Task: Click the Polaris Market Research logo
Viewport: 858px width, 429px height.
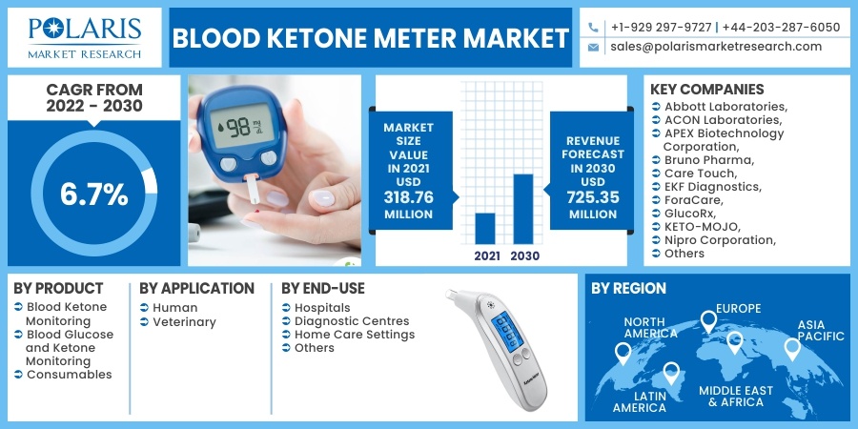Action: (x=85, y=38)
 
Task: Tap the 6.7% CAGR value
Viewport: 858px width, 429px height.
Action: (x=94, y=194)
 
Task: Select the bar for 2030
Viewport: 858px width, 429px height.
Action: (x=523, y=209)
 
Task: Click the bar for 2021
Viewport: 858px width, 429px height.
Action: (x=485, y=228)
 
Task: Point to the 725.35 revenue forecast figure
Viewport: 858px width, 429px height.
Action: (x=594, y=197)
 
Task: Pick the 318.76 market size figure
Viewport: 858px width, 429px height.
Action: (x=408, y=197)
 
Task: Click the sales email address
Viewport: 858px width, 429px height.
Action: (x=716, y=47)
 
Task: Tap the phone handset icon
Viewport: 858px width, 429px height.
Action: (x=593, y=27)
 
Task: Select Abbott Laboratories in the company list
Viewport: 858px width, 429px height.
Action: (x=725, y=106)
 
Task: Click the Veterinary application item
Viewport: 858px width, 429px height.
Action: (x=184, y=322)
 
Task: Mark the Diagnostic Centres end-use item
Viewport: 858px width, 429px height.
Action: (x=352, y=321)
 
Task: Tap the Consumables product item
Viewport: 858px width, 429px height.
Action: (x=70, y=375)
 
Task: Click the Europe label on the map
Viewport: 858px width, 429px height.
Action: (x=738, y=309)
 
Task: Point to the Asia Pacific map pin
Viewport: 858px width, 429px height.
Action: (x=792, y=349)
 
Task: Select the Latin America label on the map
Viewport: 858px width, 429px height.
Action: (x=640, y=401)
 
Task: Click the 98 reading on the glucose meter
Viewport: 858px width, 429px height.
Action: (x=239, y=128)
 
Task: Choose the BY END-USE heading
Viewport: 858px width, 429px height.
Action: (x=323, y=288)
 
